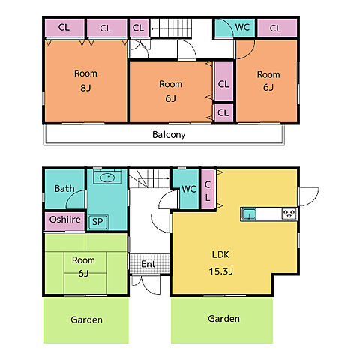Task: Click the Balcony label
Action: coord(169,135)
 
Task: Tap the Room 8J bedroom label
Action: coord(85,80)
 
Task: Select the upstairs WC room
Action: coord(235,28)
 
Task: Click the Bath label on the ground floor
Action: coord(64,188)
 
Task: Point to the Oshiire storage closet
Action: coord(64,221)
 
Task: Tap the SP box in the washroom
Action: coord(97,222)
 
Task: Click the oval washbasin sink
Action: coord(107,178)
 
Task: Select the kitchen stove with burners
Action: coord(289,214)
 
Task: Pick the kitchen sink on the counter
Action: coord(250,214)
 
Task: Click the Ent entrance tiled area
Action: coord(149,264)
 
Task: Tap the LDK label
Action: coord(220,254)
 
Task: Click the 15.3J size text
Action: coord(220,271)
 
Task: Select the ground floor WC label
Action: coord(189,189)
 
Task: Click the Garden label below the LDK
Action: coord(223,319)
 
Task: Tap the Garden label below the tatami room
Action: coord(86,319)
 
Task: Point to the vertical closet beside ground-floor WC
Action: coord(208,189)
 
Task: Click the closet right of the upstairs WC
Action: coord(277,28)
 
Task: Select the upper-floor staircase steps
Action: coord(171,28)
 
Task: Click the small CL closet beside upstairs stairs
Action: coord(139,28)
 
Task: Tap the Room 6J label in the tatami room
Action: coord(83,266)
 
